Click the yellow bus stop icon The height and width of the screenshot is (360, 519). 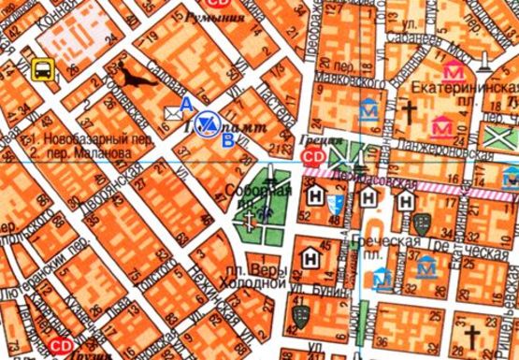tap(42, 68)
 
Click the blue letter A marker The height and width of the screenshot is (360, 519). tap(187, 102)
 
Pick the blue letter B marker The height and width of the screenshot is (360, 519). tap(228, 141)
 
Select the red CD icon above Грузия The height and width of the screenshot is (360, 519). tap(62, 345)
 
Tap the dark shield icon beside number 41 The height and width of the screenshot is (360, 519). tap(299, 316)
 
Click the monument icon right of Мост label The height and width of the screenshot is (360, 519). tap(484, 62)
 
